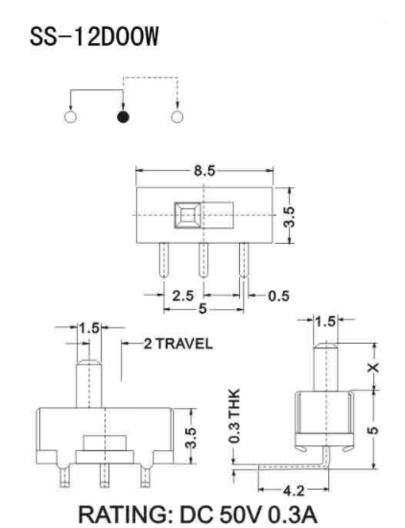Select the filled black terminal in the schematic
pyautogui.click(x=123, y=118)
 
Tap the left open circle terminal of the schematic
pyautogui.click(x=68, y=118)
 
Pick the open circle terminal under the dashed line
pyautogui.click(x=178, y=118)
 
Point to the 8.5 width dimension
pyautogui.click(x=205, y=170)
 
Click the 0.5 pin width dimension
pyautogui.click(x=277, y=296)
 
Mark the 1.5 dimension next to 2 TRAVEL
pyautogui.click(x=89, y=328)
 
